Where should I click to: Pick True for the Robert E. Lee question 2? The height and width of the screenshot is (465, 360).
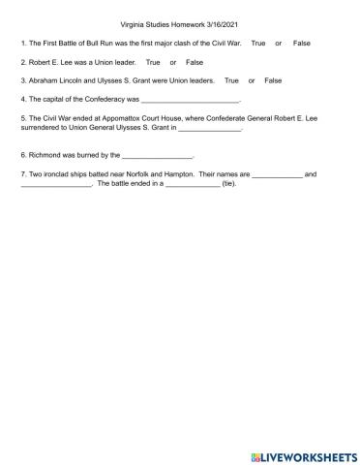(153, 63)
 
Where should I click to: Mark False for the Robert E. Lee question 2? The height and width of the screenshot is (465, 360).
(194, 63)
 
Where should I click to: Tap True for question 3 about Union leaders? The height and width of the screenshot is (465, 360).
(231, 80)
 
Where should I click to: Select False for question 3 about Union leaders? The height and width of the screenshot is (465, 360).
(273, 80)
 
